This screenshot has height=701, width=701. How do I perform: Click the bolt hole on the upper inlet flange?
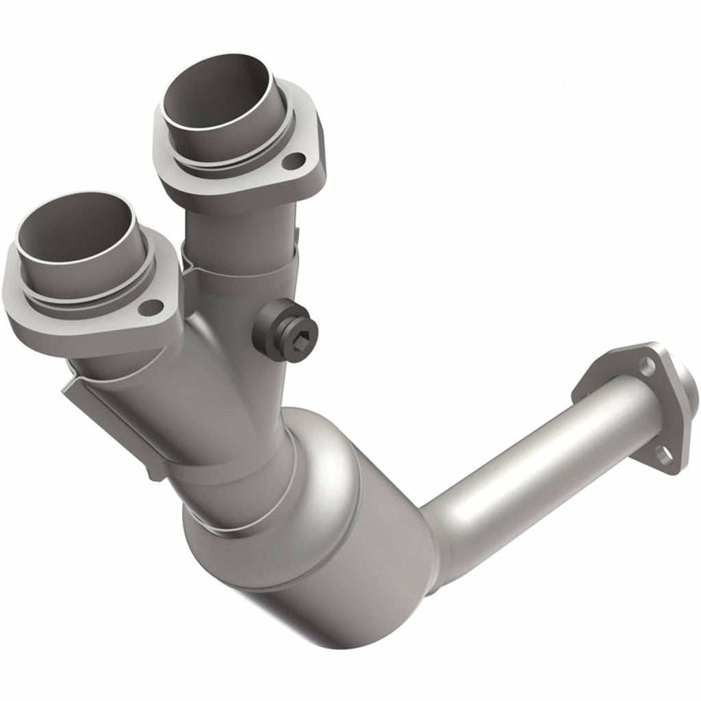[294, 162]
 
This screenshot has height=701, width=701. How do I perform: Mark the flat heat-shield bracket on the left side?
[103, 418]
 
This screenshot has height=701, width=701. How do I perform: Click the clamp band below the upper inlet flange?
[240, 264]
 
